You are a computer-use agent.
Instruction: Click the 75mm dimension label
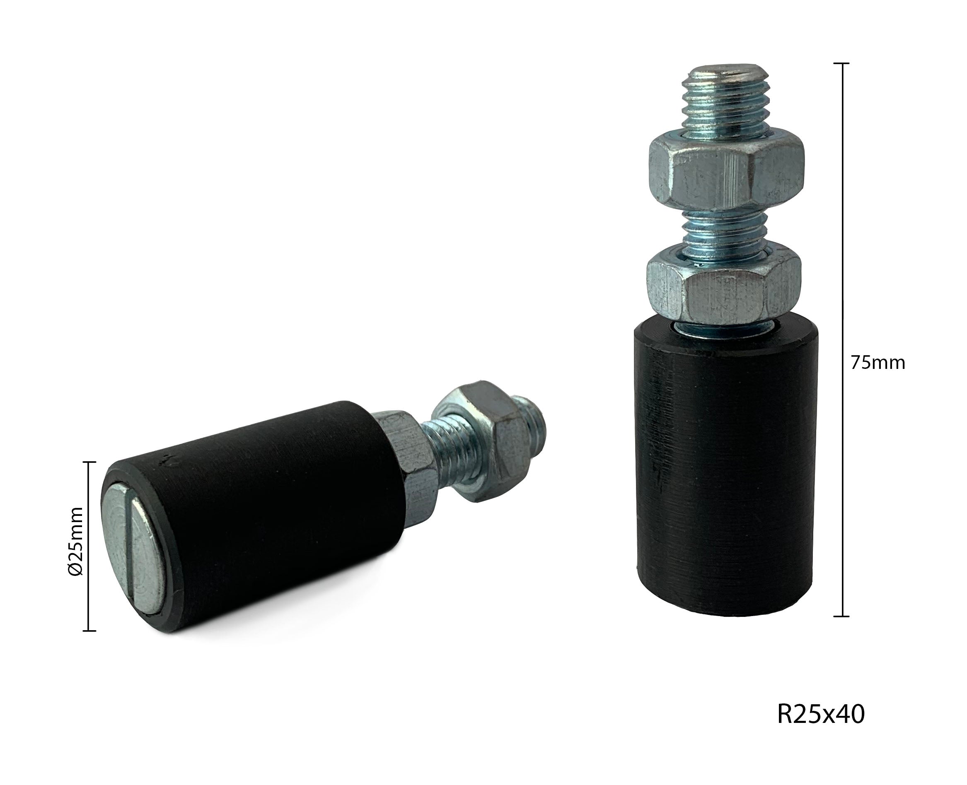878,363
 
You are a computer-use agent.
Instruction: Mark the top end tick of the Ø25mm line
89,462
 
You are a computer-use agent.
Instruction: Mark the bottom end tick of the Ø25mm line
89,630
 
